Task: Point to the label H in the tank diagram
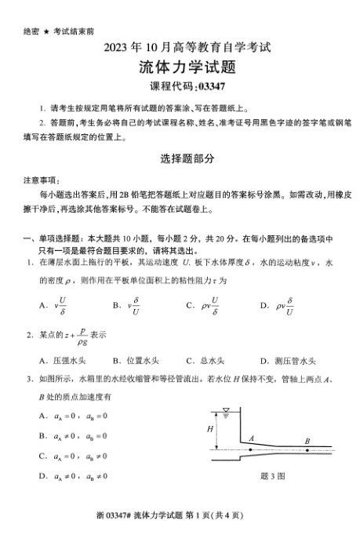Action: pyautogui.click(x=210, y=429)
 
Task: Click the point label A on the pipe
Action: pyautogui.click(x=250, y=438)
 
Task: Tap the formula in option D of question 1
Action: pyautogui.click(x=285, y=305)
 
